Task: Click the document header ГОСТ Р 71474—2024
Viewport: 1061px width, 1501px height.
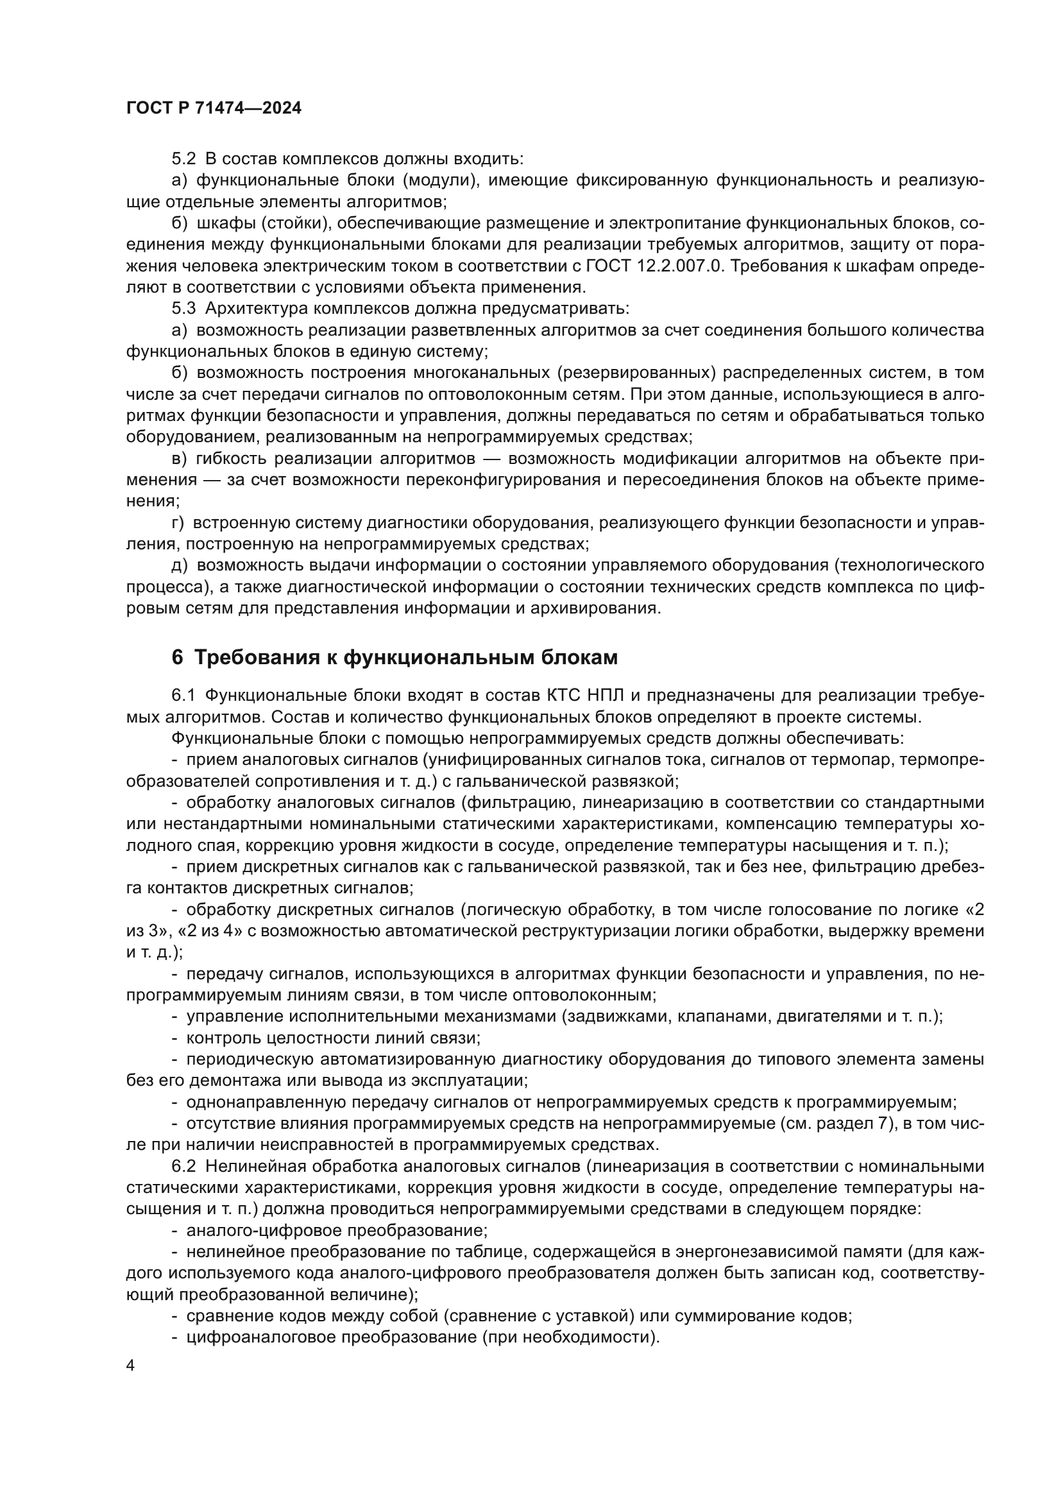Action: coord(214,108)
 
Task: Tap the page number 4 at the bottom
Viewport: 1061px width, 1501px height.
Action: coord(131,1366)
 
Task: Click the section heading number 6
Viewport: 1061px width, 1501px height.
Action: coord(177,657)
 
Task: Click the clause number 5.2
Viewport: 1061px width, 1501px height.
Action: coord(183,159)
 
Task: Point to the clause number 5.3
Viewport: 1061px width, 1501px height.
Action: coord(183,309)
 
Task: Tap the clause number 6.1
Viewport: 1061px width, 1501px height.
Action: coord(183,696)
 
